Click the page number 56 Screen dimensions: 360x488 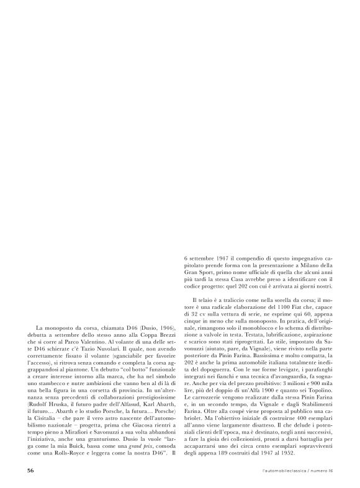[30, 470]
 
